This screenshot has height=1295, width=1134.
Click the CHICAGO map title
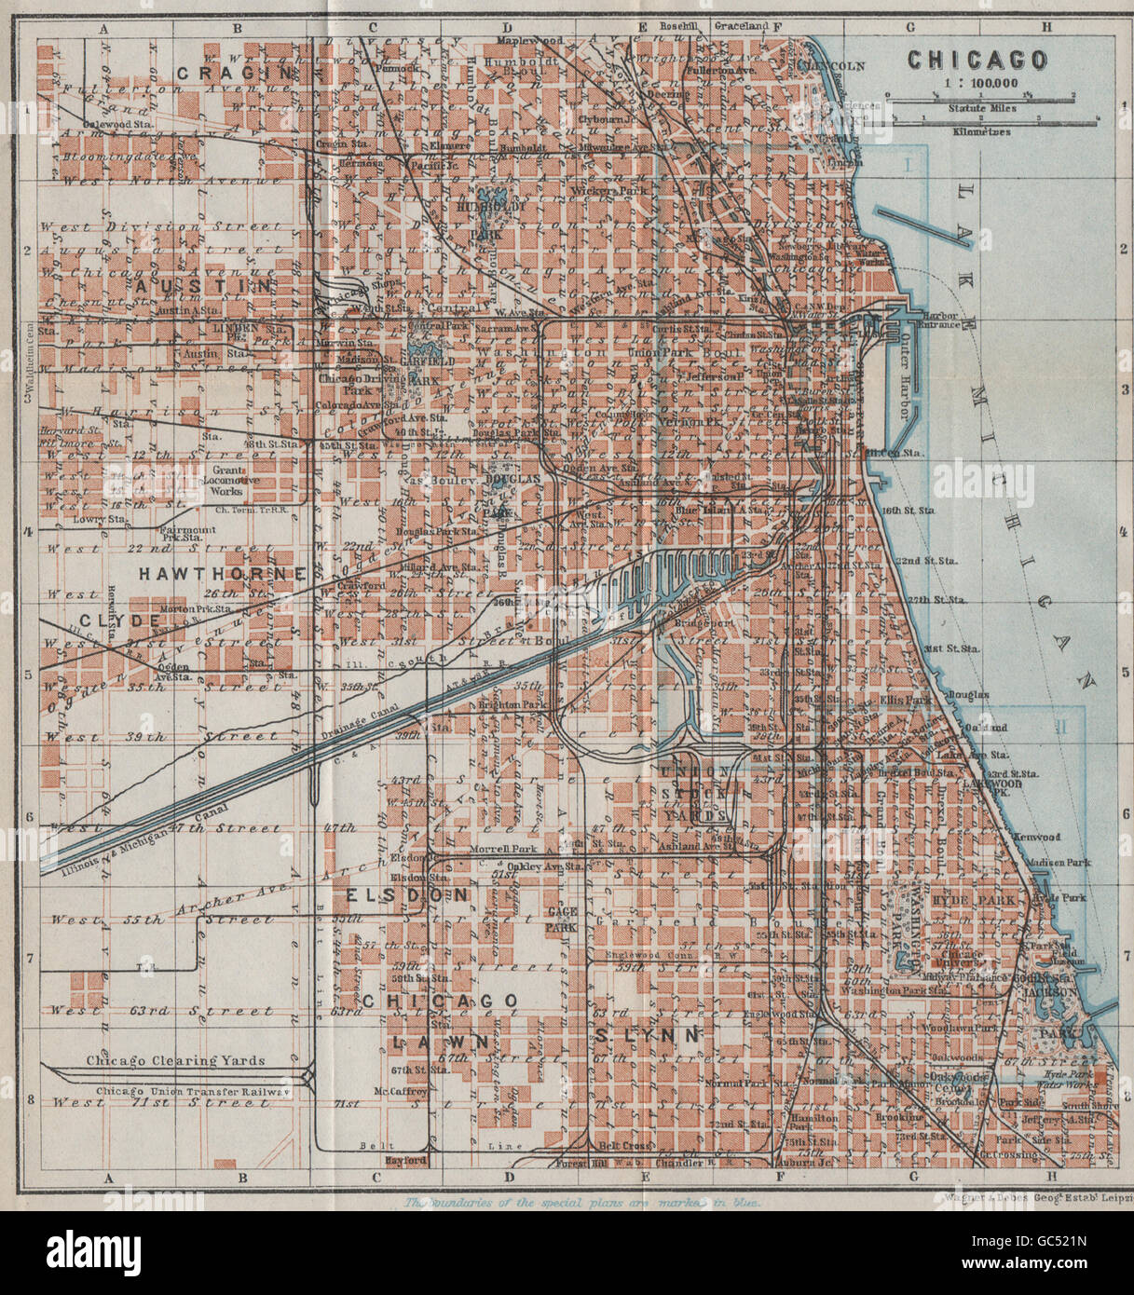pos(977,61)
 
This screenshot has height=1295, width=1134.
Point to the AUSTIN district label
pos(203,286)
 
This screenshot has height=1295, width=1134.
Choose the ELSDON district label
pos(407,894)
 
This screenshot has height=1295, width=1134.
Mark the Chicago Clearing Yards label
pos(176,1060)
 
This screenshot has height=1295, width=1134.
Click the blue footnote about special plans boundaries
pos(582,1203)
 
